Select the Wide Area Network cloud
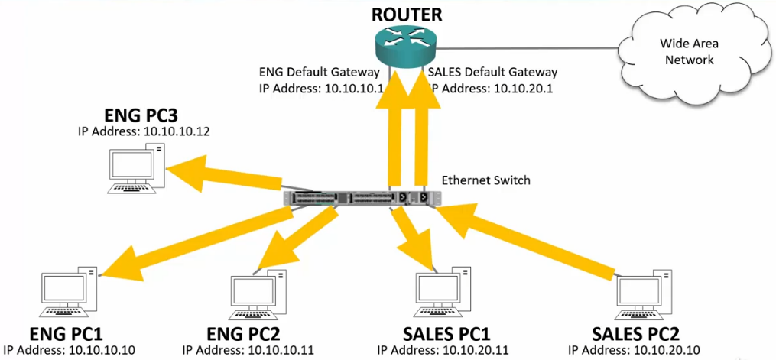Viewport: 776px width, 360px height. (x=686, y=53)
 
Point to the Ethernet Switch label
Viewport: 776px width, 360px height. (x=485, y=180)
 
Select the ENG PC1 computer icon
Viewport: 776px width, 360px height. (x=68, y=294)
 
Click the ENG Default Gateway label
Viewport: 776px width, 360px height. (x=320, y=73)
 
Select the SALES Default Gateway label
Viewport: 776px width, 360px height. (x=493, y=73)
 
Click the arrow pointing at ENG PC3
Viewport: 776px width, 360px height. (x=222, y=173)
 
